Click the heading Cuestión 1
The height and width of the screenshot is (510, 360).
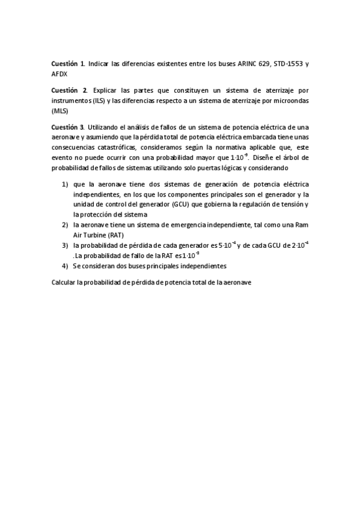[x=67, y=63]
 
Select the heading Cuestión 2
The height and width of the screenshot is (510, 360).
[x=67, y=89]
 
